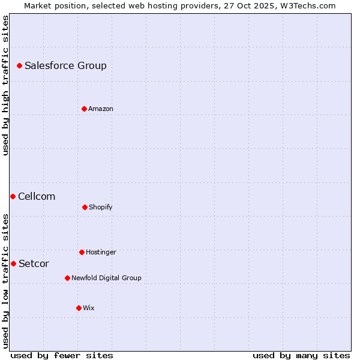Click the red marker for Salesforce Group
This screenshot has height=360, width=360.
pyautogui.click(x=19, y=65)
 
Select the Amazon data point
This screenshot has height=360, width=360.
pyautogui.click(x=84, y=109)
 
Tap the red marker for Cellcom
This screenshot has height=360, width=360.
pyautogui.click(x=13, y=196)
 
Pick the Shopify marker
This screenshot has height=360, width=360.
pyautogui.click(x=85, y=207)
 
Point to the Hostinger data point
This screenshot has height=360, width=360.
pyautogui.click(x=82, y=252)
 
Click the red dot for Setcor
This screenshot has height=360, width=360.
pyautogui.click(x=13, y=263)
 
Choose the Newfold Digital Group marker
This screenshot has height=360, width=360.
pyautogui.click(x=67, y=278)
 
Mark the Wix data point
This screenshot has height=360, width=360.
pyautogui.click(x=79, y=308)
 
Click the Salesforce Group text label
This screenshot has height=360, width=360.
pyautogui.click(x=65, y=65)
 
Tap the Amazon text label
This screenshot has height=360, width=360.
pyautogui.click(x=101, y=109)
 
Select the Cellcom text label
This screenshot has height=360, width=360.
pyautogui.click(x=37, y=196)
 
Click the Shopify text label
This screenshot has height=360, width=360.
pyautogui.click(x=101, y=207)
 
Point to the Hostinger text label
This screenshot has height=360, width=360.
pyautogui.click(x=101, y=252)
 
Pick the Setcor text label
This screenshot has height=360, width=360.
pyautogui.click(x=34, y=263)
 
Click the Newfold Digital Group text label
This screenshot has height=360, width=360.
pyautogui.click(x=106, y=278)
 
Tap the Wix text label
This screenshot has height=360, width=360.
pyautogui.click(x=89, y=308)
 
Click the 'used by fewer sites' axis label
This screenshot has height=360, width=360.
pyautogui.click(x=62, y=355)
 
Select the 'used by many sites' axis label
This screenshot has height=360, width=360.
pyautogui.click(x=301, y=355)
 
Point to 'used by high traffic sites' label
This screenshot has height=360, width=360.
pyautogui.click(x=5, y=85)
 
